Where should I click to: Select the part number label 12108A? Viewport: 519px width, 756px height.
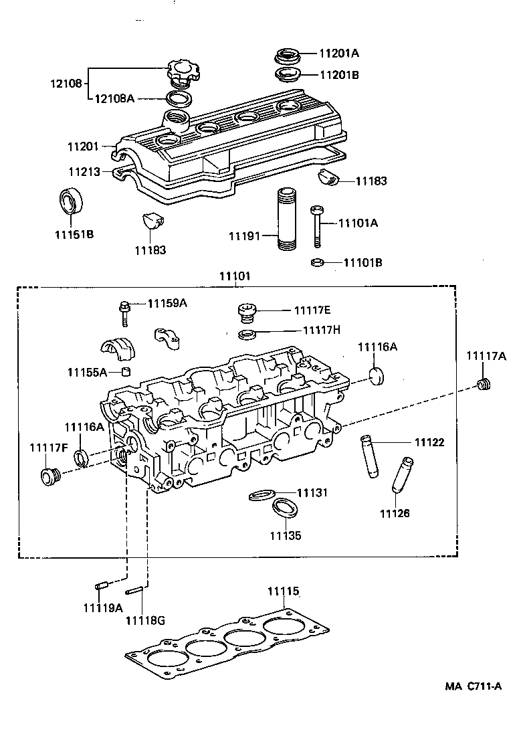(114, 98)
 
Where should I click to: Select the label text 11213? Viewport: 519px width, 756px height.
(84, 172)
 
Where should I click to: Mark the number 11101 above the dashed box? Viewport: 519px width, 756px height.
(235, 276)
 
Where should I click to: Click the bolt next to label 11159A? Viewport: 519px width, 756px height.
(125, 312)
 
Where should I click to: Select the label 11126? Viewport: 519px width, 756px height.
(395, 513)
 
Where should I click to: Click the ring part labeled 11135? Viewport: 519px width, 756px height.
(286, 508)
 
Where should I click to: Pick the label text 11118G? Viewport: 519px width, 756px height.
(144, 620)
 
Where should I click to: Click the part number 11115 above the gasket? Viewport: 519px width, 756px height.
(284, 591)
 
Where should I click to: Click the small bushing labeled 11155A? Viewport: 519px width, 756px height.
(125, 371)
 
